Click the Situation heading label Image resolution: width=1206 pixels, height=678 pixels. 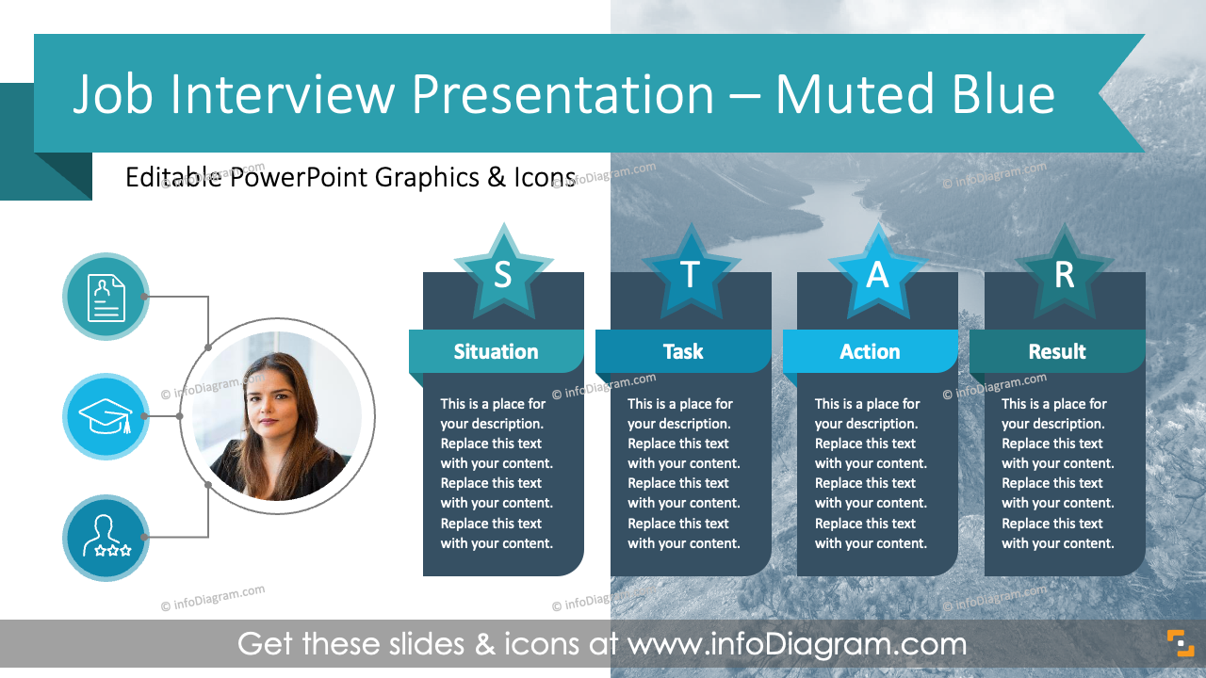coord(496,351)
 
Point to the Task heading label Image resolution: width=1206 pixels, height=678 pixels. coord(682,351)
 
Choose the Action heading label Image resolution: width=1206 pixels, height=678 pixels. coord(870,351)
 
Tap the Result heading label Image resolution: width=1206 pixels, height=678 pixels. coord(1056,351)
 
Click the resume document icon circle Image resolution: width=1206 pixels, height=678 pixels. coord(106,296)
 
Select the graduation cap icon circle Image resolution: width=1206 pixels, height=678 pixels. coord(106,416)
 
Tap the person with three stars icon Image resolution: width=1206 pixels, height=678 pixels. coord(106,538)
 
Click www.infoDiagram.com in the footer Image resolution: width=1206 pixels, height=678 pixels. coord(797,644)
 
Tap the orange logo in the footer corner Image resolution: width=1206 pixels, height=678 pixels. coord(1180,643)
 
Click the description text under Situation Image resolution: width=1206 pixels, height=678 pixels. coord(497,474)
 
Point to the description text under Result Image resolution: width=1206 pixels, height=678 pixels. coord(1057,474)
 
